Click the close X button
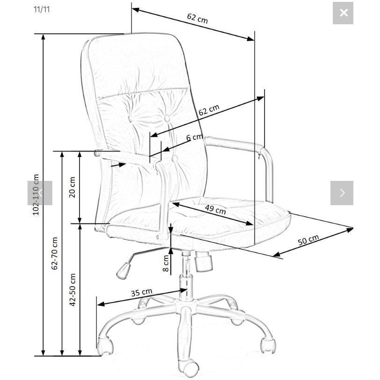pos(343,13)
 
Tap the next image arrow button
pos(342,193)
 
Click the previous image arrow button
pos(40,193)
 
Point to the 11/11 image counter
pos(42,9)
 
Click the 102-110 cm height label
pos(36,194)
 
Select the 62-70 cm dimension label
pos(55,253)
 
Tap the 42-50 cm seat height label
pos(72,290)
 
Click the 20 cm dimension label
pos(72,187)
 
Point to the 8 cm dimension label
pos(165,263)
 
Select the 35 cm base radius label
pos(142,292)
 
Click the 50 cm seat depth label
pos(308,240)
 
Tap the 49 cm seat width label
pos(215,209)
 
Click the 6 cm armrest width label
pos(194,137)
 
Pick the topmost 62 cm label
pos(197,18)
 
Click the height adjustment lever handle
pos(123,271)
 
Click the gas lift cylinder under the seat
pos(186,276)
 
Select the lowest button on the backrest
pos(174,159)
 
